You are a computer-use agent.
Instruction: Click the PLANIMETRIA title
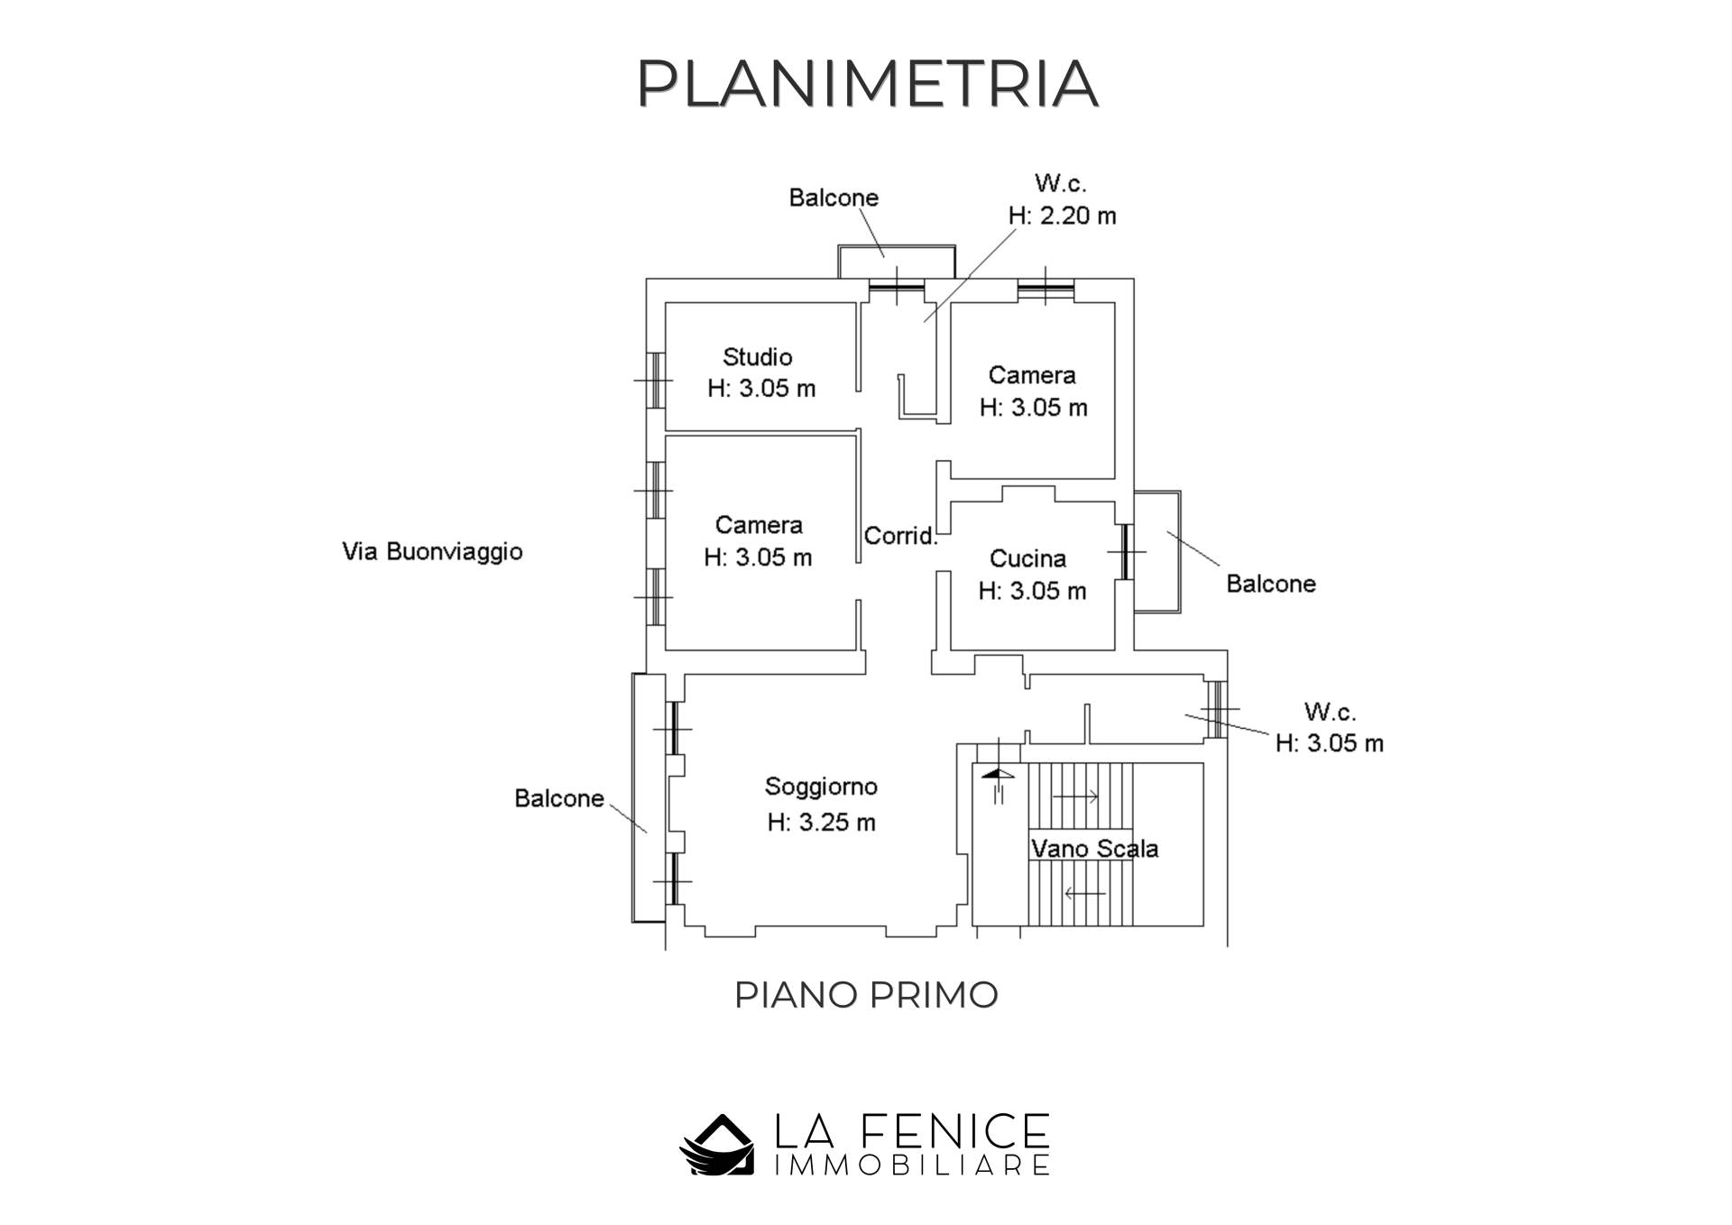click(867, 83)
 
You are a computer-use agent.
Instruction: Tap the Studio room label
click(758, 357)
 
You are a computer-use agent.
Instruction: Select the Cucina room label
click(1027, 559)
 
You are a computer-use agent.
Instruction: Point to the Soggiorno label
click(821, 787)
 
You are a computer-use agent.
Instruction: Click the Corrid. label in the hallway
click(900, 536)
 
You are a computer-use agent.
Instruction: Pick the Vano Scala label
click(1094, 849)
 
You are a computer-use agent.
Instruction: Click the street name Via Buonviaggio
click(432, 551)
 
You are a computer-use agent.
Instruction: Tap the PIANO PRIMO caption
click(866, 995)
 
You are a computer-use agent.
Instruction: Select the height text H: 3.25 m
click(821, 823)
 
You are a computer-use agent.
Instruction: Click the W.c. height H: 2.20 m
click(1062, 216)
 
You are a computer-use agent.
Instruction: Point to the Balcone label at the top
click(834, 198)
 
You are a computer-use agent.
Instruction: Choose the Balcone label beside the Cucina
click(1270, 584)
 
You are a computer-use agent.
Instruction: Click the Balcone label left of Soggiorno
click(558, 798)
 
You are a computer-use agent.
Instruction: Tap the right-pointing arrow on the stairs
click(1075, 797)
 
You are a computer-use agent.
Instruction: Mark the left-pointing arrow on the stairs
click(1084, 894)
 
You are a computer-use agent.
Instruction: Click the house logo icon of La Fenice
click(716, 1145)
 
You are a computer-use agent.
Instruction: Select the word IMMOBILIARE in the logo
click(912, 1165)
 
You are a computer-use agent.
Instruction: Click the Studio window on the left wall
click(656, 380)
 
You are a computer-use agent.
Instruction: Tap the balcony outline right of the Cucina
click(1157, 551)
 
